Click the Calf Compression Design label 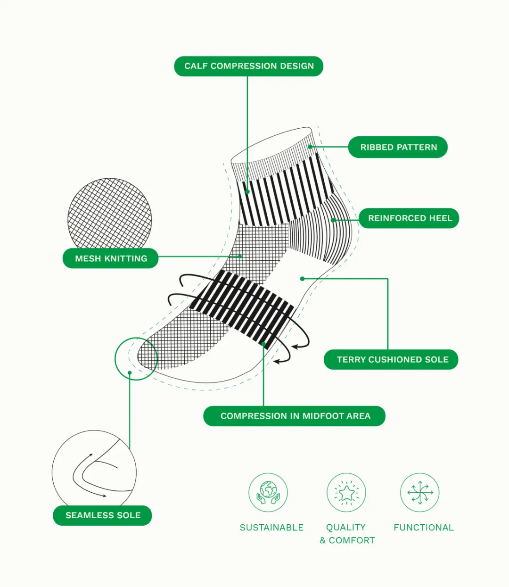click(249, 66)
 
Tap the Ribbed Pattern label click(398, 147)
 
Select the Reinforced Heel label click(410, 218)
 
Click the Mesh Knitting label click(111, 258)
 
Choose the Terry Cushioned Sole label click(392, 359)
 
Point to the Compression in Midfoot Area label click(295, 416)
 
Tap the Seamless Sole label click(103, 515)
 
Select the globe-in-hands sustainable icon click(268, 493)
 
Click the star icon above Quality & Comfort click(346, 493)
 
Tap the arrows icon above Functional click(420, 493)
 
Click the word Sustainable click(271, 528)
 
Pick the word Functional click(423, 528)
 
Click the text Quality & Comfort click(347, 534)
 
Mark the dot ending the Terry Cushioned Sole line click(302, 279)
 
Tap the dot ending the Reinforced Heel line click(333, 220)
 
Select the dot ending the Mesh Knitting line click(240, 256)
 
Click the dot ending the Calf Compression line click(247, 192)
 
